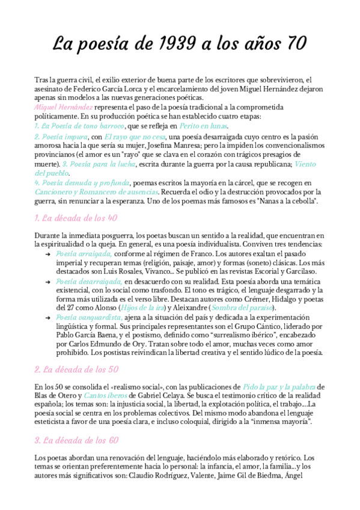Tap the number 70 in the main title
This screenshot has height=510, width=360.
(x=293, y=44)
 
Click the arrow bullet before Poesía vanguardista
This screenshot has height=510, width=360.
(x=48, y=317)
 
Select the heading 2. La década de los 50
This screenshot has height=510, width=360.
(x=74, y=370)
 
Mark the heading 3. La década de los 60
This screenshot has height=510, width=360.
(x=74, y=441)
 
